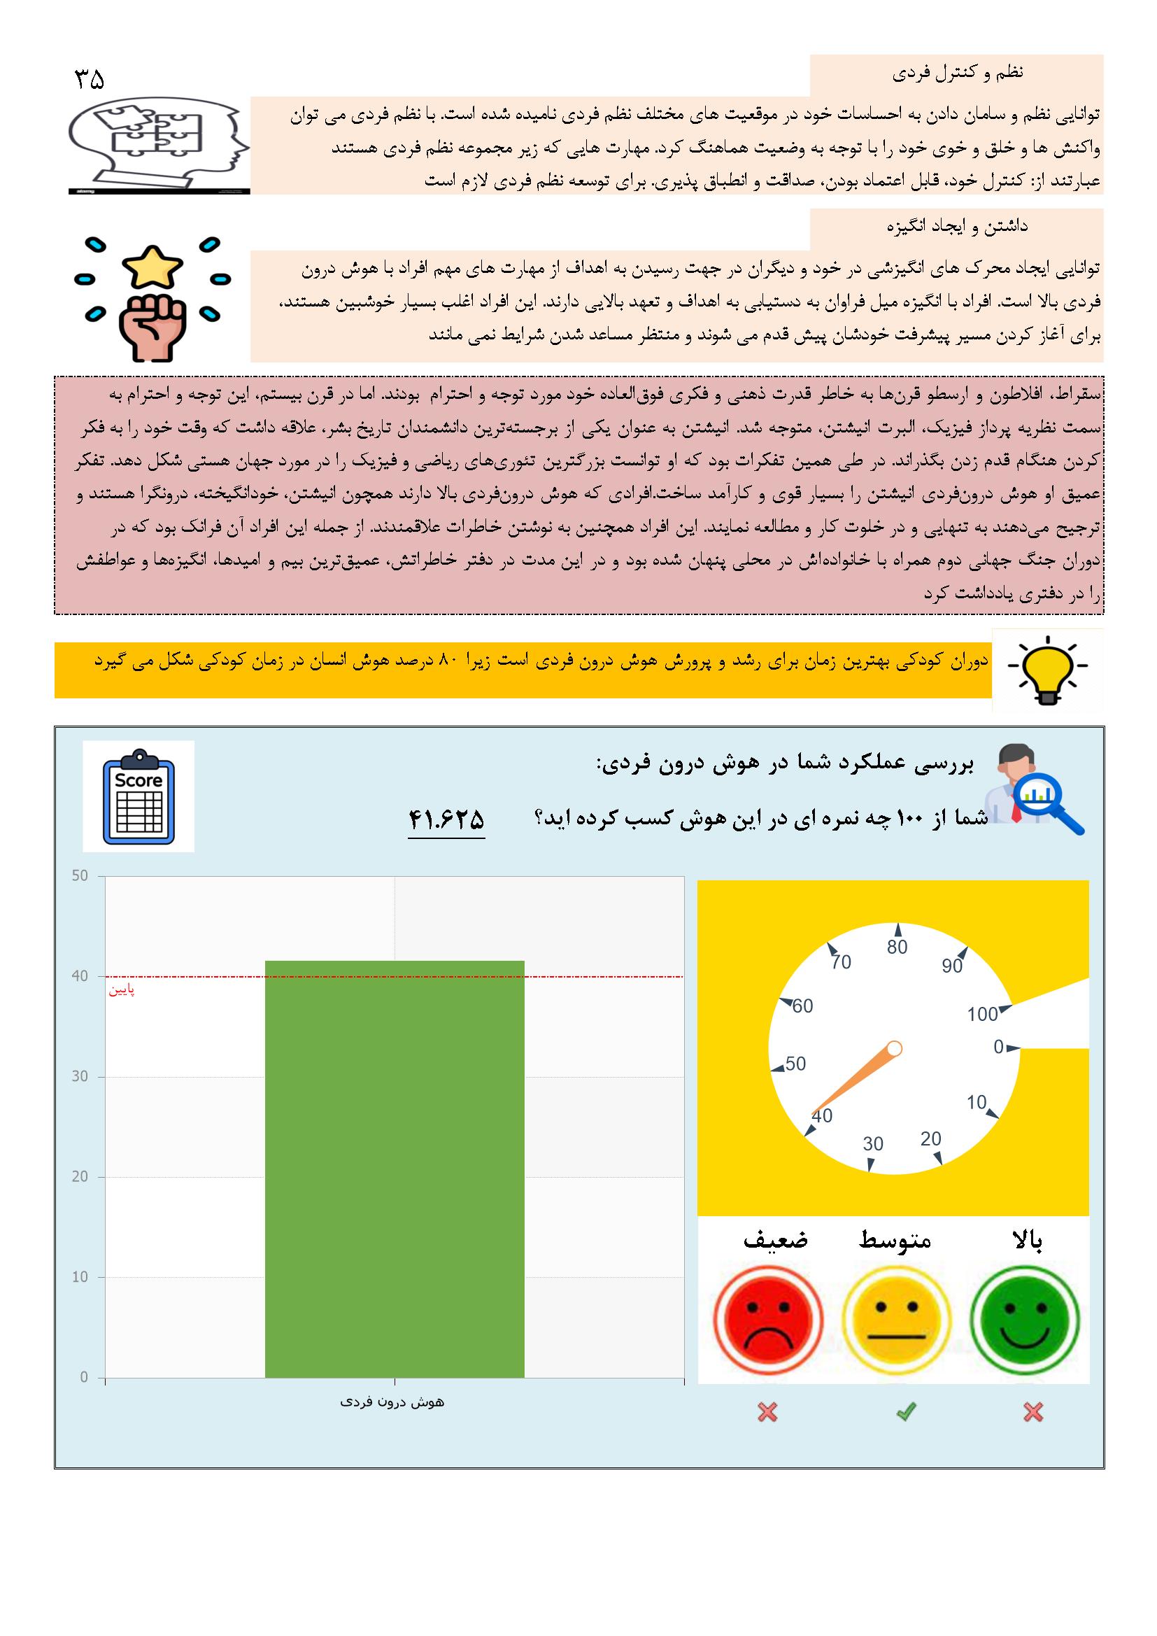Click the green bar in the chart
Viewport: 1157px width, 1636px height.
394,1169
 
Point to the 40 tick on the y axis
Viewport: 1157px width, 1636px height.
80,976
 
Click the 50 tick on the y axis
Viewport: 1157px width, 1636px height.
80,875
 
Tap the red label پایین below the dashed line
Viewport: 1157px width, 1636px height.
121,990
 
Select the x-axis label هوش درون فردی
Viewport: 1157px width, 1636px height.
392,1402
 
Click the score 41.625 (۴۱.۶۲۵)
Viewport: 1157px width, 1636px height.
446,819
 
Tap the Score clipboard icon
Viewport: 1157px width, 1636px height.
139,796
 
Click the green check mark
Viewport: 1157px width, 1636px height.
905,1411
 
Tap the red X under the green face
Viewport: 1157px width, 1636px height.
1032,1411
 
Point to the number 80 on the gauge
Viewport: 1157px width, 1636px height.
897,947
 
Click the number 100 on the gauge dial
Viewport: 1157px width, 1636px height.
981,1015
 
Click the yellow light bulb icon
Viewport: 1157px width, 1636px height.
1046,670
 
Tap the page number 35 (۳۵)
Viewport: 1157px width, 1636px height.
89,79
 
